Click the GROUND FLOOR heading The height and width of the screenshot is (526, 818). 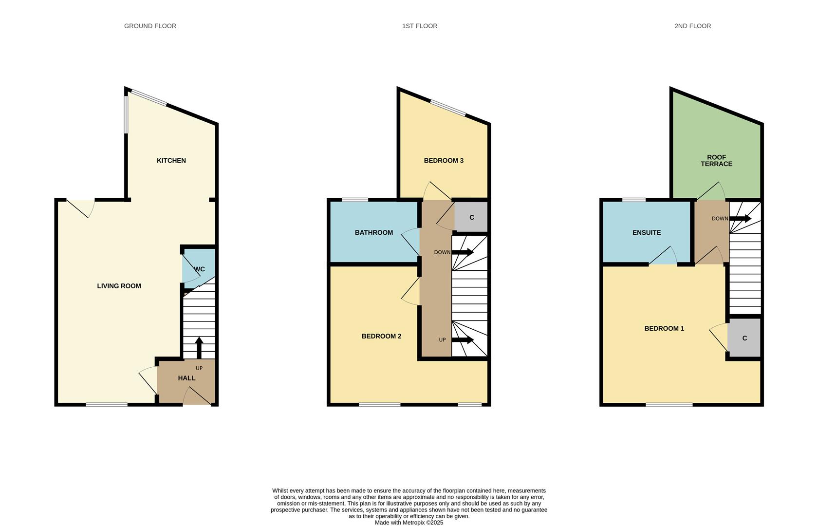tap(150, 26)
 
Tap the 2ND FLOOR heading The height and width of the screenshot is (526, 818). tap(692, 26)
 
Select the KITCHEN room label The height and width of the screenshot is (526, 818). tap(171, 160)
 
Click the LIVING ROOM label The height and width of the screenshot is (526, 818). tap(119, 286)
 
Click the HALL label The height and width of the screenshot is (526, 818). tap(186, 378)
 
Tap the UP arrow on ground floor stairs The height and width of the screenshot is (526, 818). tap(199, 347)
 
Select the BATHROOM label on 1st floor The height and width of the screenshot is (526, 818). tap(373, 232)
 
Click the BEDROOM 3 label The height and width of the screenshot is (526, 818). tap(444, 160)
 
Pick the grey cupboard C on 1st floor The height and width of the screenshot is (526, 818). tap(471, 217)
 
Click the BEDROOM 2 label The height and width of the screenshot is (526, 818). tap(381, 336)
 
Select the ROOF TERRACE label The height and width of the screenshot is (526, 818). tap(716, 160)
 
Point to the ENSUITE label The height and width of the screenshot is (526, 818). tap(646, 232)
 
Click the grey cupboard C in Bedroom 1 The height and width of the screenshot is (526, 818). tap(744, 338)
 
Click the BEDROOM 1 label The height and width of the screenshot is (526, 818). tap(664, 328)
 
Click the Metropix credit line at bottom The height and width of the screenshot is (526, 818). tap(409, 523)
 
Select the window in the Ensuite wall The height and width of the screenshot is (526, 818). tap(634, 199)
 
